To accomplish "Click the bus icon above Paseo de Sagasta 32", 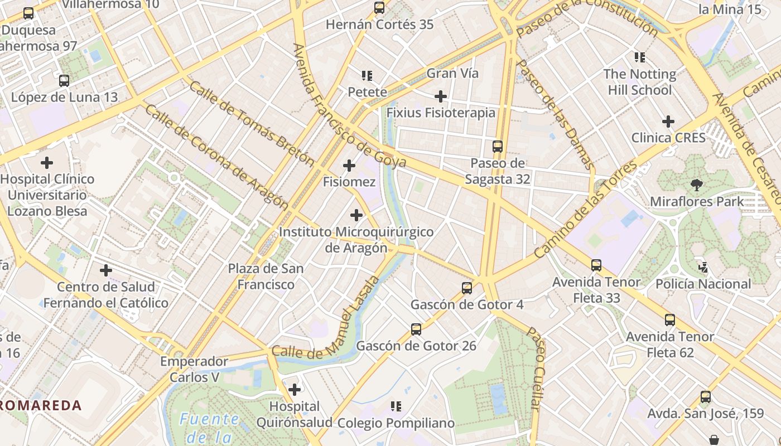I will [x=497, y=147].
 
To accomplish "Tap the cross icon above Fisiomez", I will [x=349, y=166].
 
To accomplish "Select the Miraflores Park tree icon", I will [x=696, y=185].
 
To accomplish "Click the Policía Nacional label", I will [x=703, y=284].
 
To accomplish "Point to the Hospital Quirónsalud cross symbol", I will [x=294, y=389].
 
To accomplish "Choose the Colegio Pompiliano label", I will [x=396, y=423].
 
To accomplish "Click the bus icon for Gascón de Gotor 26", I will [x=416, y=329].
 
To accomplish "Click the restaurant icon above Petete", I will [x=367, y=75].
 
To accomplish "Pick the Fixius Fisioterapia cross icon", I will [x=441, y=96].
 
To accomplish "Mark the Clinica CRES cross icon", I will [x=668, y=121].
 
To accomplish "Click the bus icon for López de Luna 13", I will [x=64, y=81].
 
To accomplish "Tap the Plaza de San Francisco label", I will [x=266, y=277].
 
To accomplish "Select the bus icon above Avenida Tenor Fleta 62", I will [x=670, y=320].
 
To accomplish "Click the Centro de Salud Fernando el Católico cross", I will [x=105, y=270].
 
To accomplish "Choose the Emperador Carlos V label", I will [x=194, y=369].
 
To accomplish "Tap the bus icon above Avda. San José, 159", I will [x=706, y=397].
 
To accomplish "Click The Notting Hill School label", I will [x=639, y=82].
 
